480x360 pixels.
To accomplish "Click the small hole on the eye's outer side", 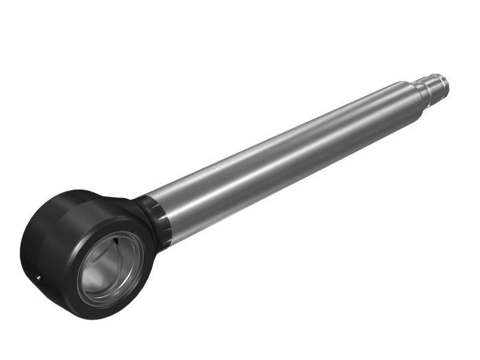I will (37, 277).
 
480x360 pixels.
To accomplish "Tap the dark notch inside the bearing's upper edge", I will (114, 241).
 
